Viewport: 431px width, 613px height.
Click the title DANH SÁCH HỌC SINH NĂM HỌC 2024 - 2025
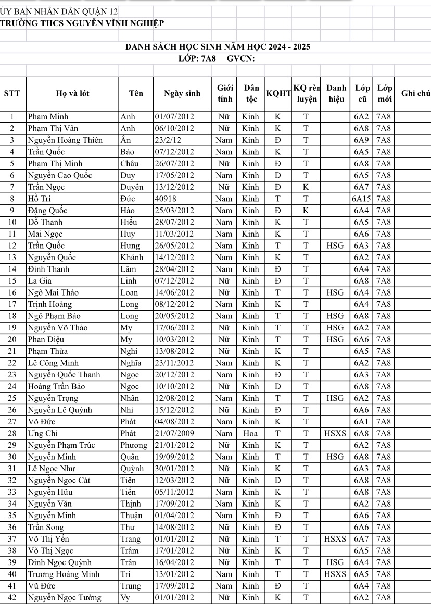coord(218,47)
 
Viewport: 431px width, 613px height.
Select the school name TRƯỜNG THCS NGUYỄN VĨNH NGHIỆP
coord(82,23)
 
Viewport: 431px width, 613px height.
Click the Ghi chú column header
coord(415,94)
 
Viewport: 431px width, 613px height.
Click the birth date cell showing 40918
coord(166,199)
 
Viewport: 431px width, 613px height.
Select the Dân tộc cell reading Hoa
coord(250,433)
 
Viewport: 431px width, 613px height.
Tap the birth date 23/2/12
coord(168,140)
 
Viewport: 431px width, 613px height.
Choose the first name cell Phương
coord(134,445)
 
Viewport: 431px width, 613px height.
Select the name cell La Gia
coord(40,281)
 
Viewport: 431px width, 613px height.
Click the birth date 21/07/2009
coord(174,433)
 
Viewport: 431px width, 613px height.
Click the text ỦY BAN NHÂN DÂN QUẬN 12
coord(59,11)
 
